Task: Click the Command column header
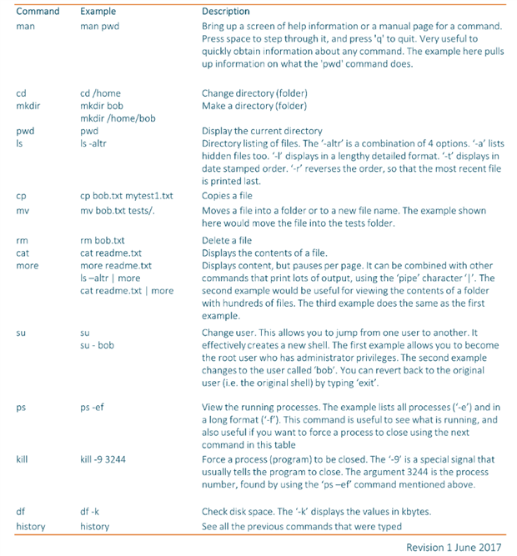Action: click(37, 12)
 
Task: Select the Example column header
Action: click(98, 12)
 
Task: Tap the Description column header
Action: click(225, 12)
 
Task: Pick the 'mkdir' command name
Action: click(30, 106)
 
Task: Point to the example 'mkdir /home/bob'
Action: click(118, 118)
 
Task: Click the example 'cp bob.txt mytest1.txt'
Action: click(126, 196)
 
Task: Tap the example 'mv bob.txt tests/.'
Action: click(118, 211)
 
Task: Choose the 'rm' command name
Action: click(23, 240)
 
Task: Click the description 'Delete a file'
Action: click(227, 240)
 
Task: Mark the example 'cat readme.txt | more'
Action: click(127, 291)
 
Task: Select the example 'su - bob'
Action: click(97, 344)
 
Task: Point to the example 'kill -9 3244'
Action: click(107, 459)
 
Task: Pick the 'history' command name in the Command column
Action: click(32, 526)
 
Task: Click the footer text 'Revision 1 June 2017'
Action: click(454, 546)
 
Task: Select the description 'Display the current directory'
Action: click(262, 131)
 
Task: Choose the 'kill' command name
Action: click(23, 459)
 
